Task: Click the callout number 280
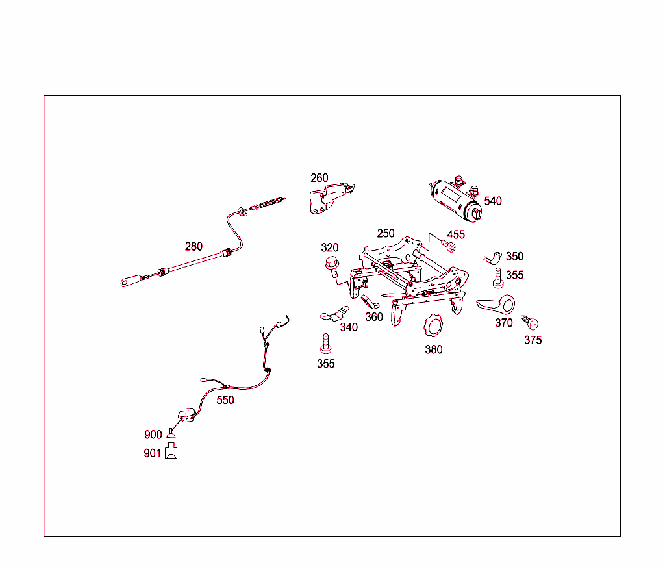tap(194, 247)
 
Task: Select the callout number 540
tap(493, 201)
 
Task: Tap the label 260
tap(320, 178)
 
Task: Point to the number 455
tap(456, 234)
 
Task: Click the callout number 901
tap(152, 453)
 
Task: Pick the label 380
tap(433, 349)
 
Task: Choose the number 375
tap(533, 340)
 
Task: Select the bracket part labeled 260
tap(331, 198)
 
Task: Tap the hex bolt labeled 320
tap(332, 264)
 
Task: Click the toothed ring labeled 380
tap(433, 326)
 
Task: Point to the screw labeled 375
tap(530, 322)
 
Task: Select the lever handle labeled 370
tap(496, 305)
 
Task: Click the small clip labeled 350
tap(493, 258)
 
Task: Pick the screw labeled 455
tap(448, 246)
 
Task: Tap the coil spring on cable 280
tap(271, 203)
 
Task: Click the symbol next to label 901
tap(171, 451)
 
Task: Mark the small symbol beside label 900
tap(171, 433)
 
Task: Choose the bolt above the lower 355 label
tap(326, 344)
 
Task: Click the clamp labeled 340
tap(335, 314)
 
